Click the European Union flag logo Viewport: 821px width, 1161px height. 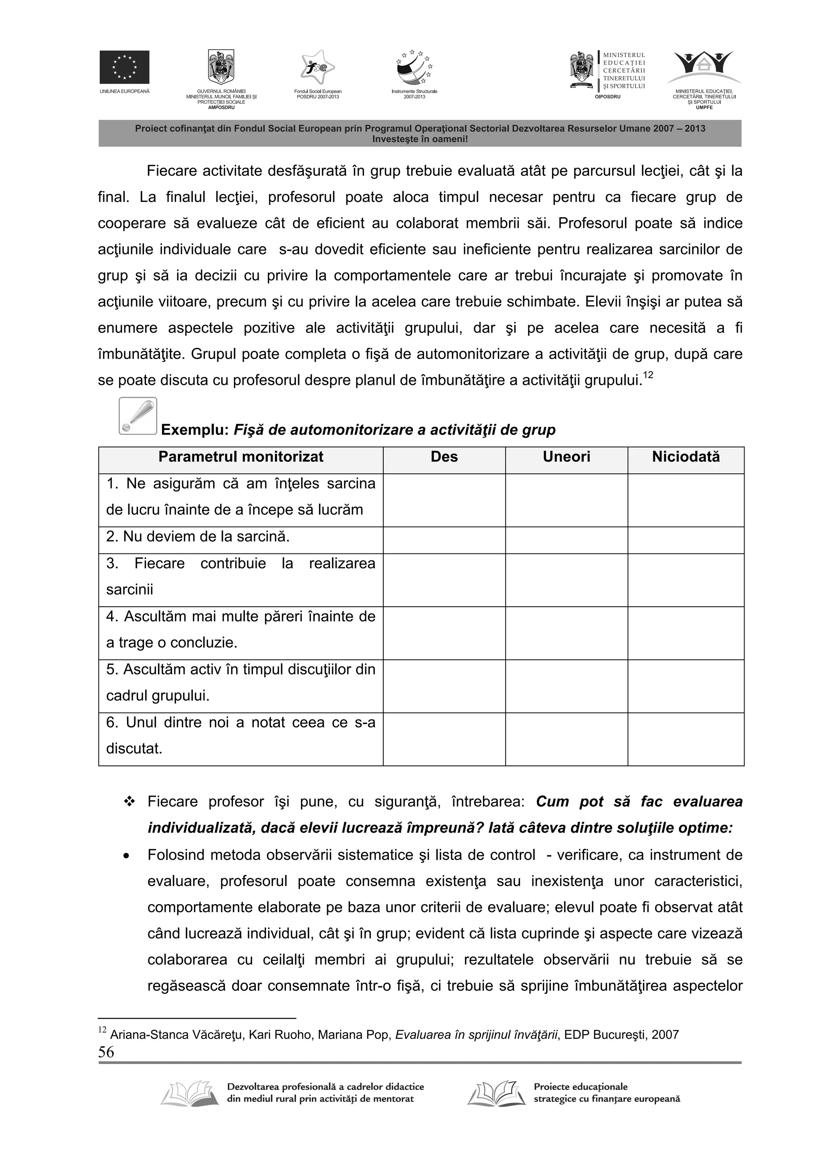point(124,67)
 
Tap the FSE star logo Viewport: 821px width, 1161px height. point(317,68)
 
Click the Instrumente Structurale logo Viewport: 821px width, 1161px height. point(414,68)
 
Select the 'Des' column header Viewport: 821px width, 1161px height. point(444,457)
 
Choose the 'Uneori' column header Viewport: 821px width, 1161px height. point(566,457)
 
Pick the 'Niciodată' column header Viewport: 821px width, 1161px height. point(686,457)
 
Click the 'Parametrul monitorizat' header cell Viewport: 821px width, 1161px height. point(241,457)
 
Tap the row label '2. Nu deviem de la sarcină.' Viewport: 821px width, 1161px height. point(198,537)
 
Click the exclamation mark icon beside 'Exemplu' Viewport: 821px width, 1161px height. point(138,416)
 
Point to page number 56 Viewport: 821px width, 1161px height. point(106,1052)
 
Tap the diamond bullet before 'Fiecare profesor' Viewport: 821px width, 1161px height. point(129,802)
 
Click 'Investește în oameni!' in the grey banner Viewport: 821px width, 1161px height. point(420,139)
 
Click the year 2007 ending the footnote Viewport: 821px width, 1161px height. point(665,1035)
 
